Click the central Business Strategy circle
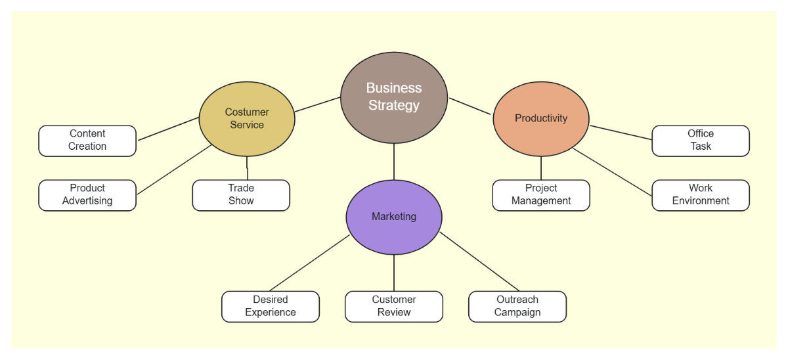[394, 97]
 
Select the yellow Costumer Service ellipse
[247, 119]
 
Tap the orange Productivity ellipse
[541, 118]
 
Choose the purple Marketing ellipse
[394, 217]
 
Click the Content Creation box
[87, 141]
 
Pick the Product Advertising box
[87, 195]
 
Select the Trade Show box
[241, 195]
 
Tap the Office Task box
[701, 141]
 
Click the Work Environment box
[701, 195]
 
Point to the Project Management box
[541, 195]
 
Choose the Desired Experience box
[271, 307]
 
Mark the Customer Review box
[394, 307]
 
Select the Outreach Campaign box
[517, 307]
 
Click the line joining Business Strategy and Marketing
[394, 162]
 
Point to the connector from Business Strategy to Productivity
[470, 106]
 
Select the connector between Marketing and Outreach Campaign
[479, 262]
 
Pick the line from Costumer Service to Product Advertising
[174, 169]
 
